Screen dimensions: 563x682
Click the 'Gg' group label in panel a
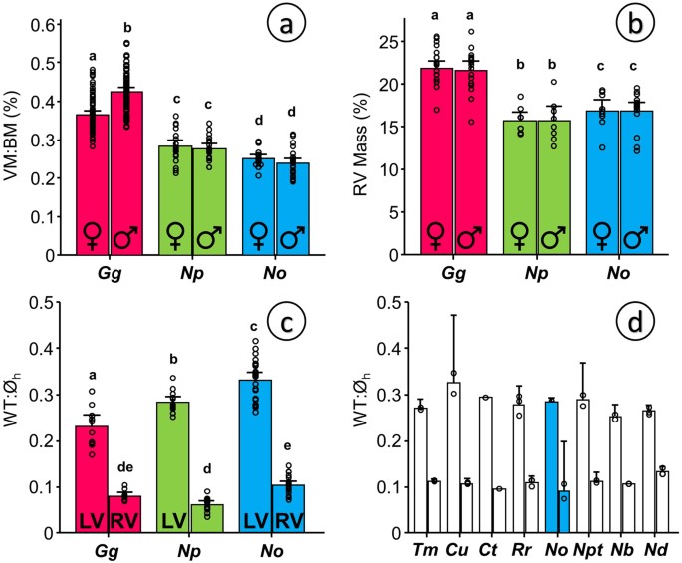pos(109,271)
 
